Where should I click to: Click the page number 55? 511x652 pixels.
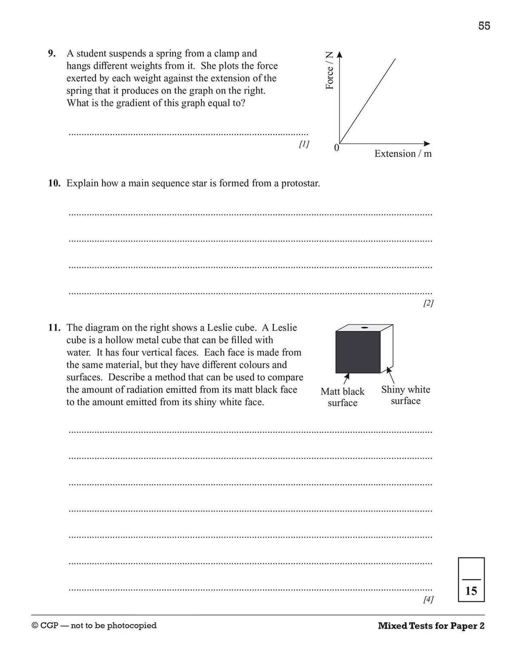(x=484, y=26)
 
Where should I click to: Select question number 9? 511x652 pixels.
(x=52, y=54)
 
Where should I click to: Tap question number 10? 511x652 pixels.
(x=54, y=183)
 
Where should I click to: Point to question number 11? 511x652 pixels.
(x=54, y=327)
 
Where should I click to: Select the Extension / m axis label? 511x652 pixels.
(x=403, y=154)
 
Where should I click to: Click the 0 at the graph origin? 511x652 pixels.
(x=336, y=148)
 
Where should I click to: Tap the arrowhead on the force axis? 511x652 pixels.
(x=339, y=55)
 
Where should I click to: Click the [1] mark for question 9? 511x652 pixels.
(x=304, y=144)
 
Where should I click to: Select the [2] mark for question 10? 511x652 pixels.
(x=428, y=303)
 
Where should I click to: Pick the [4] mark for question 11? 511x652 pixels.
(x=428, y=600)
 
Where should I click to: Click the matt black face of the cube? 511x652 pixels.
(x=358, y=352)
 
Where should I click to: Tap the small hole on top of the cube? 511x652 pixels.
(x=364, y=327)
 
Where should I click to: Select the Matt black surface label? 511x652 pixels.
(x=342, y=397)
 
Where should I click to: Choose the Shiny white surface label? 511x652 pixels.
(x=405, y=395)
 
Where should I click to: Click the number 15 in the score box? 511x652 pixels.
(x=471, y=591)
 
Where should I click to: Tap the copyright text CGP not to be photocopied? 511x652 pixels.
(x=94, y=626)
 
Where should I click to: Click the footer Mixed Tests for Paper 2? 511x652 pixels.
(x=431, y=626)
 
